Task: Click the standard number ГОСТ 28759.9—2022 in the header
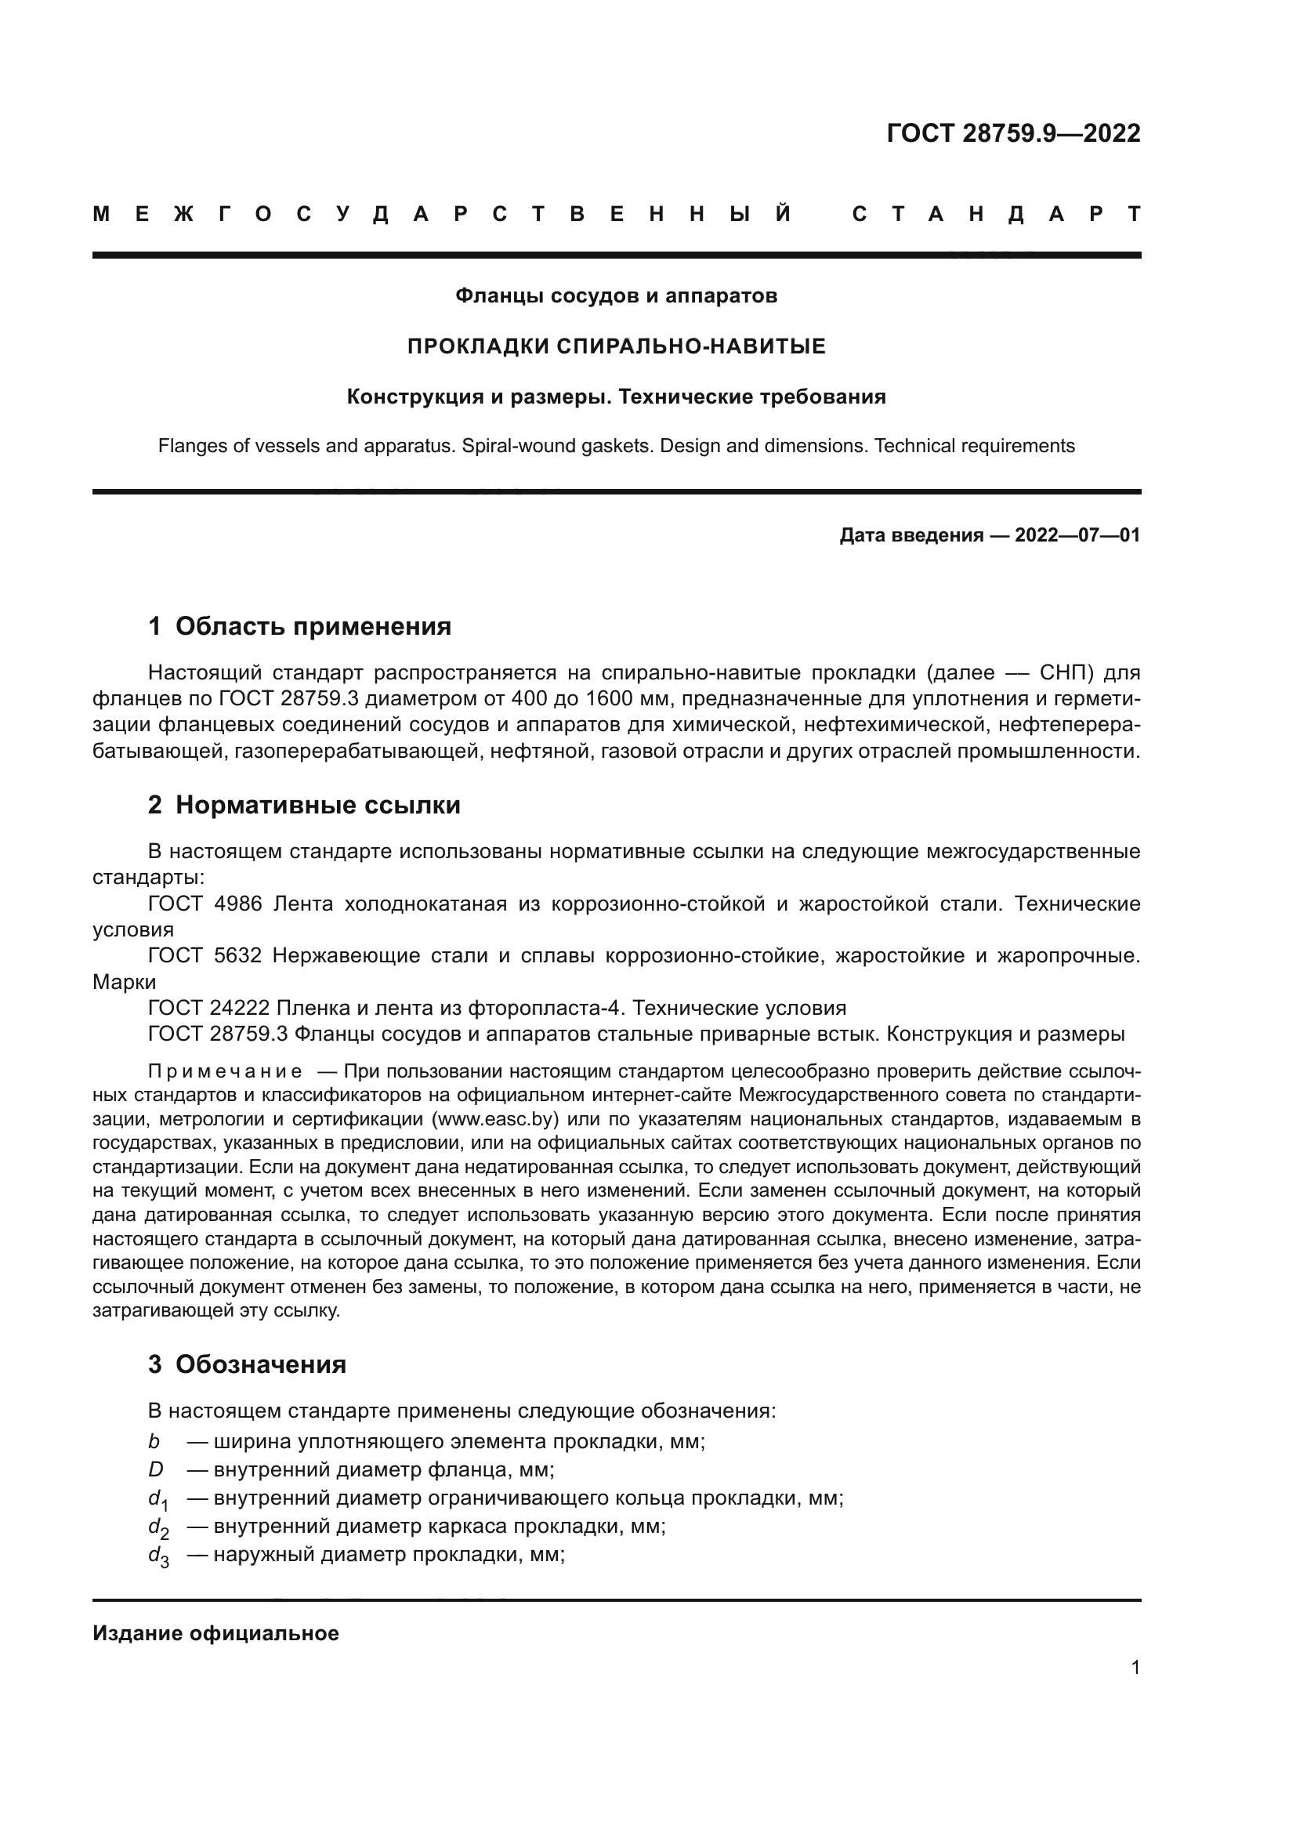pos(1012,133)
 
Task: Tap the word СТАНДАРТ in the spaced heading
pos(996,215)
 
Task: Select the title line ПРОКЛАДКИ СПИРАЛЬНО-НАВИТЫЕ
pos(616,346)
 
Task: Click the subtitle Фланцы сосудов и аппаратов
pos(616,296)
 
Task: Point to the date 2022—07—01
pos(1077,535)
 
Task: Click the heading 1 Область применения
pos(299,627)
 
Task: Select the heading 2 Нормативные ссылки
pos(304,805)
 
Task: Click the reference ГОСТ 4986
pos(205,904)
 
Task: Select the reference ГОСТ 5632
pos(205,955)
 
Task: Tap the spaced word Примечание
pos(225,1071)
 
